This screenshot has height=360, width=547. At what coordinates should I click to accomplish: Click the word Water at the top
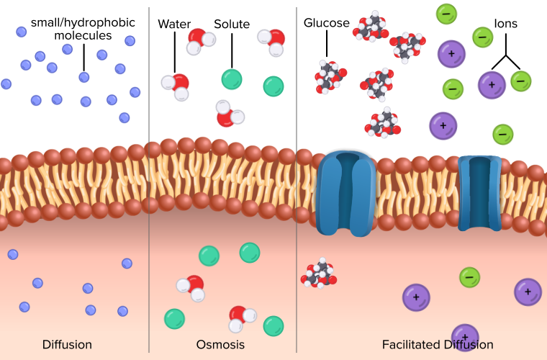pos(174,24)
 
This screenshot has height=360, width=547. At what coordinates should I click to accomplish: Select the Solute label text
pos(232,24)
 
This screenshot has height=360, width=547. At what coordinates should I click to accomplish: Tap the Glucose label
pos(327,24)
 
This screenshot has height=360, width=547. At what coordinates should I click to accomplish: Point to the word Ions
pos(505,24)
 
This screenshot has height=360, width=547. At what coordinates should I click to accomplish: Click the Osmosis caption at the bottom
pos(221,344)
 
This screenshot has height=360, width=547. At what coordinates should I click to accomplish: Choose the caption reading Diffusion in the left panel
pos(67,344)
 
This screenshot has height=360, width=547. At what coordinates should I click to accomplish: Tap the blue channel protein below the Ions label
pos(479,192)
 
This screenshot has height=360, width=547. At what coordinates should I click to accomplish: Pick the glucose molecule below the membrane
pos(320,274)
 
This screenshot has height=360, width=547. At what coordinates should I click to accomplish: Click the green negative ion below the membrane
pos(469,276)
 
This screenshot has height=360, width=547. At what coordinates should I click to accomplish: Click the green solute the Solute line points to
pos(232,79)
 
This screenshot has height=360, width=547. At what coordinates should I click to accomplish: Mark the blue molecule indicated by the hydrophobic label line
pos(84,77)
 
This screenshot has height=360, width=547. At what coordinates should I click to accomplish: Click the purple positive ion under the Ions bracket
pos(492,84)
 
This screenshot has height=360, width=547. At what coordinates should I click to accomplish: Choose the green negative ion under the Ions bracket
pos(521,81)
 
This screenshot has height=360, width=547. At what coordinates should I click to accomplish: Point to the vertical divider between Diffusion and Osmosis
pos(149,180)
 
